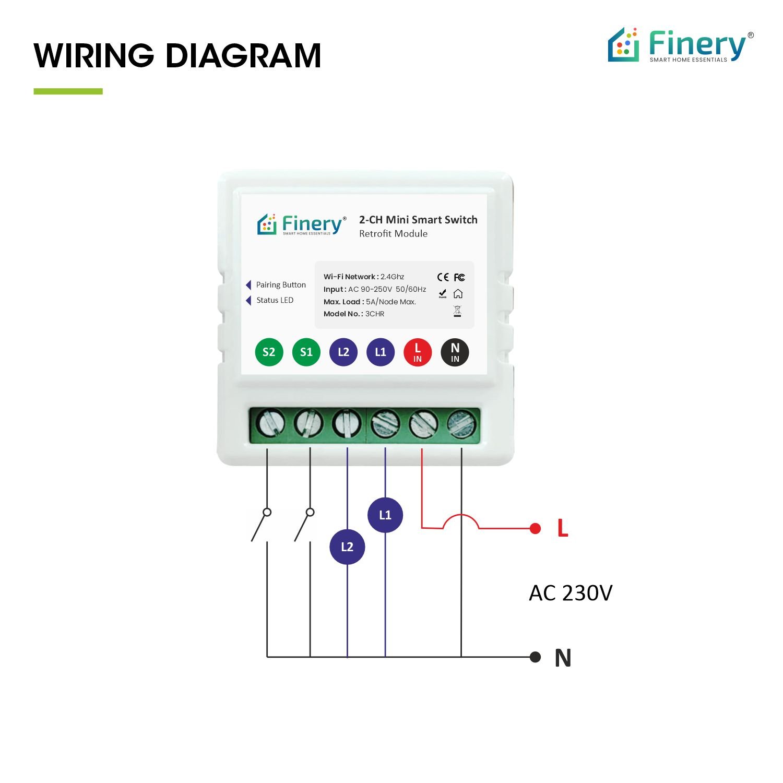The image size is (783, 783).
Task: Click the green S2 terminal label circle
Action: pyautogui.click(x=269, y=352)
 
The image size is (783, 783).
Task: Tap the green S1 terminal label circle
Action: pyautogui.click(x=306, y=352)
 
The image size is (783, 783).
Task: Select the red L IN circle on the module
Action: pyautogui.click(x=418, y=352)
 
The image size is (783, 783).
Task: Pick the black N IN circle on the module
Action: pyautogui.click(x=455, y=352)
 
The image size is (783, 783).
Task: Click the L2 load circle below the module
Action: pyautogui.click(x=347, y=547)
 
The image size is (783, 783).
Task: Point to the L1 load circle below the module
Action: pyautogui.click(x=385, y=515)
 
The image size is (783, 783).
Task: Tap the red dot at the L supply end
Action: pyautogui.click(x=535, y=528)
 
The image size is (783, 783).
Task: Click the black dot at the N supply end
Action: pyautogui.click(x=535, y=657)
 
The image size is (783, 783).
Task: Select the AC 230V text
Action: pyautogui.click(x=571, y=593)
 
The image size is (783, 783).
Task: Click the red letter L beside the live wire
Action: pyautogui.click(x=563, y=528)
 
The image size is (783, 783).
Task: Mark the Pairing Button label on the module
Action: pyautogui.click(x=281, y=285)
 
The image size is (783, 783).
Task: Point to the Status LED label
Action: pyautogui.click(x=275, y=300)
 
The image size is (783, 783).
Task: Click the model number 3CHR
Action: pyautogui.click(x=375, y=314)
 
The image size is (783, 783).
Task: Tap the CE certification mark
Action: pyautogui.click(x=443, y=277)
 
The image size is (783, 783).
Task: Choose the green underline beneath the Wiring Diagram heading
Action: pyautogui.click(x=68, y=91)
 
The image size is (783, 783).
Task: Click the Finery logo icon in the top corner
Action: pyautogui.click(x=624, y=45)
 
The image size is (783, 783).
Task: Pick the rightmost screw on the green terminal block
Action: pyautogui.click(x=462, y=423)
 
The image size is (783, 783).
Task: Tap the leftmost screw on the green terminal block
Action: pyautogui.click(x=270, y=423)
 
